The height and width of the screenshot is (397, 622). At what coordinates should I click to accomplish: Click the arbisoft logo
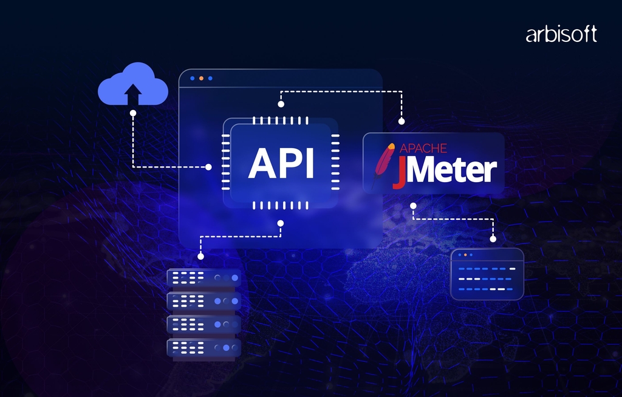coord(561,35)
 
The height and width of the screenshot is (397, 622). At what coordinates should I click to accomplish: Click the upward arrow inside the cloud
coord(133,93)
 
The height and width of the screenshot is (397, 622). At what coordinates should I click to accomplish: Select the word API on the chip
coord(281,163)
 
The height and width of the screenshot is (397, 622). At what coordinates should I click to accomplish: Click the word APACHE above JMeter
coord(423,148)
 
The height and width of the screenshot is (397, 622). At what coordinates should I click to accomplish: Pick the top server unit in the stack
coord(204,278)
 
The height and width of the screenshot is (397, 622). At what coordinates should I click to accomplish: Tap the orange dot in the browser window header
coord(201,78)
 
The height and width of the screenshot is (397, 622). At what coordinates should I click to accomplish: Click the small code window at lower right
coord(487,274)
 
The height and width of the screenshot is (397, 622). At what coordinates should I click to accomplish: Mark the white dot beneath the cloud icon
coord(133,112)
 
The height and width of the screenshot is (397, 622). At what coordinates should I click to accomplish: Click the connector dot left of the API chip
coord(208,166)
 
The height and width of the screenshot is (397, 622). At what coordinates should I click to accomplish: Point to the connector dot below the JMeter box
coord(413,206)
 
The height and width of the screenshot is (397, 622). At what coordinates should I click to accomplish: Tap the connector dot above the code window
coord(493,239)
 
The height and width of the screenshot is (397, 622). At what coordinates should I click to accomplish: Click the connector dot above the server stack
coord(200,257)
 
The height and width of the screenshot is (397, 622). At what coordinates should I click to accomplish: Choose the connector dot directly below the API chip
coord(280,223)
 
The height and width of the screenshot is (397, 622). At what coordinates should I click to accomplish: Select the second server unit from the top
coord(204,300)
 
